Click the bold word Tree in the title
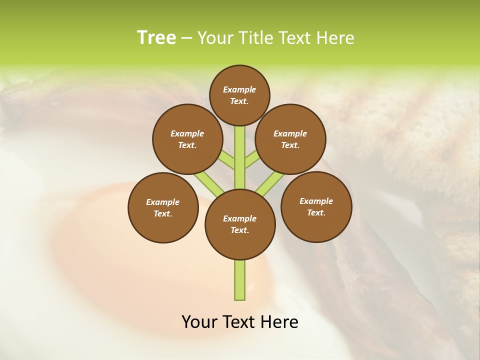point(156,37)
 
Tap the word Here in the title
point(336,37)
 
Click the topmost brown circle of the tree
point(239,95)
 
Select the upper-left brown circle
point(187,139)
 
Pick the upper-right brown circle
point(290,139)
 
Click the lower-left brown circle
point(163,207)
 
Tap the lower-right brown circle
point(316,206)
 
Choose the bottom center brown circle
point(240,224)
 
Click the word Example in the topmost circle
point(239,89)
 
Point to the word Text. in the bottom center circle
point(239,230)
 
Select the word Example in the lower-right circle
point(316,201)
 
